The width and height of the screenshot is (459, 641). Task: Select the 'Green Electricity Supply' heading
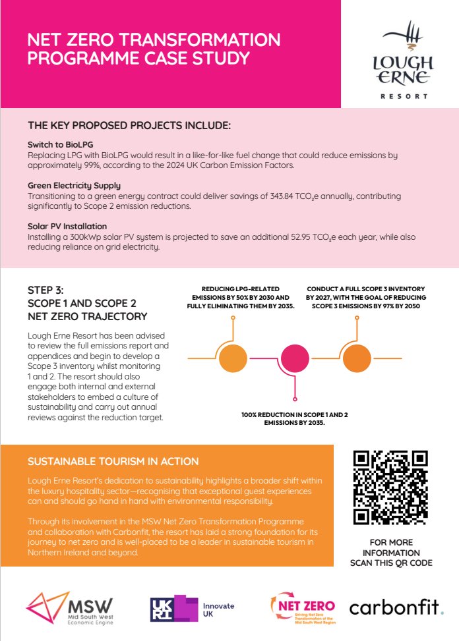point(74,186)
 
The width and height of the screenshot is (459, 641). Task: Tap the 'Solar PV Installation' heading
point(67,226)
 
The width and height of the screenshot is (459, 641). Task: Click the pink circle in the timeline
point(295,358)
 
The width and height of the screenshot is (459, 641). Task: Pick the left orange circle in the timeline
point(233,358)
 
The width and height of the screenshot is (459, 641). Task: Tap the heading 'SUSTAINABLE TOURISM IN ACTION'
point(113,461)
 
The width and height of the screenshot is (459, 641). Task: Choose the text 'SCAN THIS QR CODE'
point(390,563)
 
